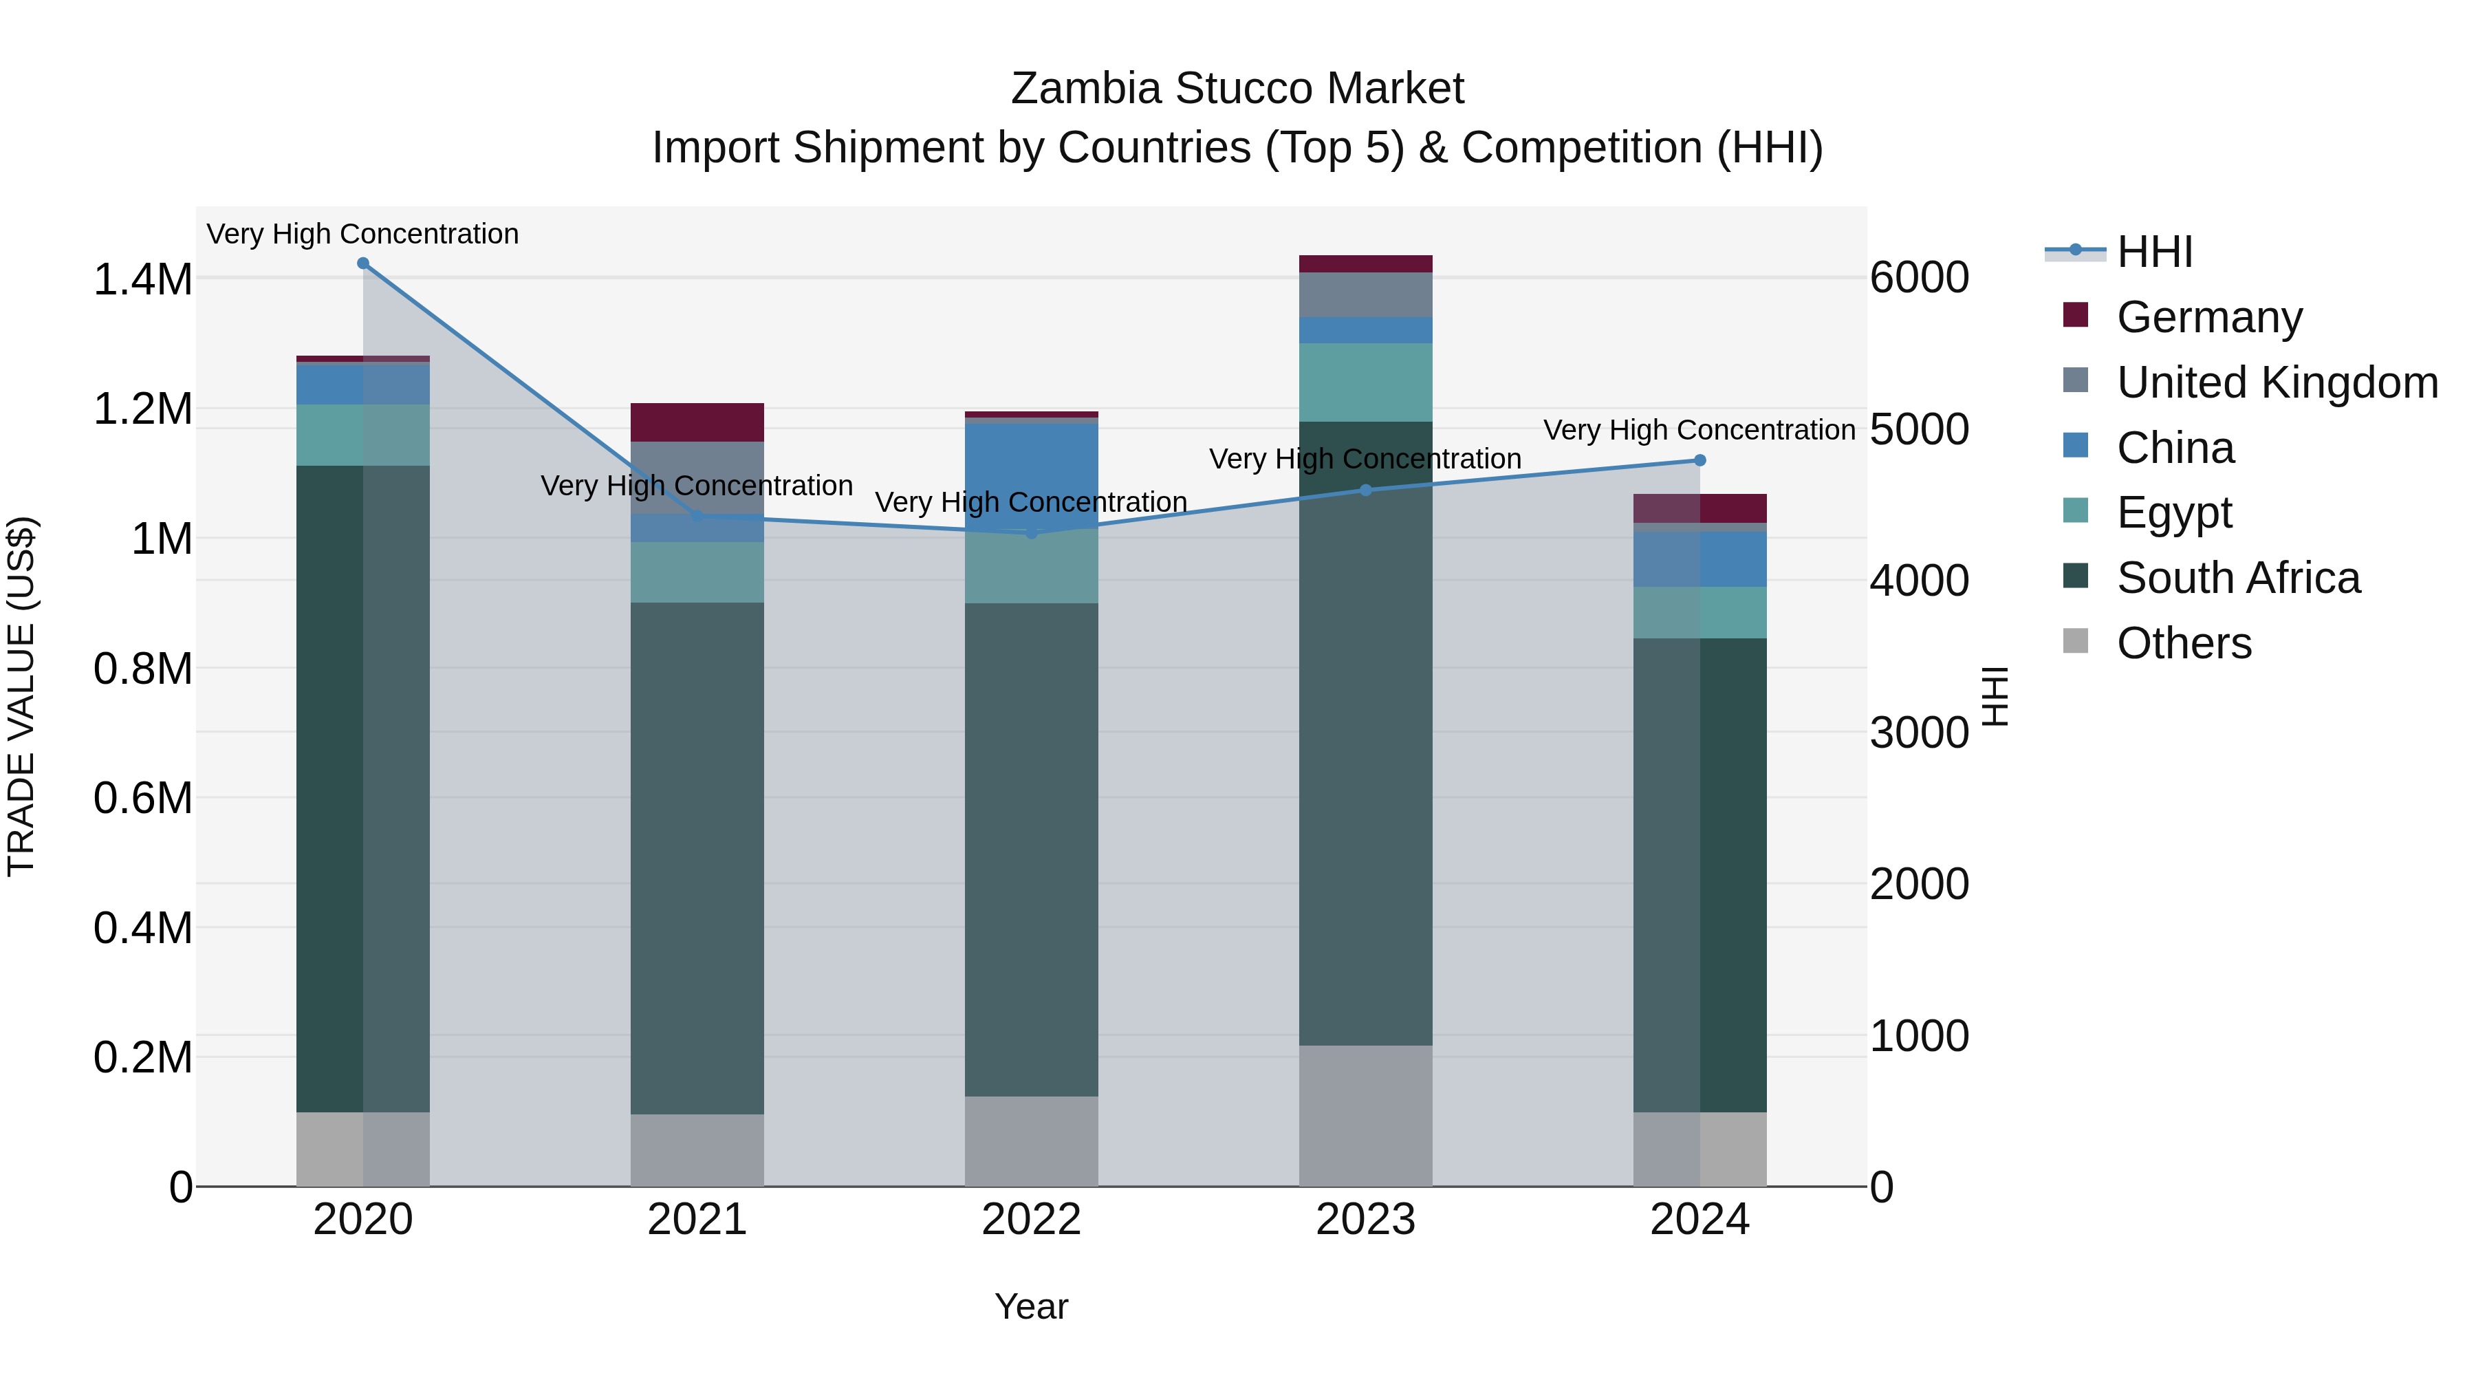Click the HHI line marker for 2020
pyautogui.click(x=363, y=263)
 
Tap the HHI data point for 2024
pyautogui.click(x=1699, y=460)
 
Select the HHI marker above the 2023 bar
pyautogui.click(x=1366, y=490)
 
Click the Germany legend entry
pyautogui.click(x=2208, y=317)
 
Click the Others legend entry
pyautogui.click(x=2183, y=643)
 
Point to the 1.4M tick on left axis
pyautogui.click(x=142, y=280)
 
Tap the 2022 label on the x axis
pyautogui.click(x=1032, y=1220)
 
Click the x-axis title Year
pyautogui.click(x=1032, y=1306)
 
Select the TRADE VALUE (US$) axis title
pyautogui.click(x=22, y=696)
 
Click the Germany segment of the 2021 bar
pyautogui.click(x=697, y=422)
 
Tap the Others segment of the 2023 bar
pyautogui.click(x=1366, y=1115)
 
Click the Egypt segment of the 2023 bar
pyautogui.click(x=1366, y=382)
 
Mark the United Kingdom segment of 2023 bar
pyautogui.click(x=1366, y=294)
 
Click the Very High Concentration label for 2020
pyautogui.click(x=362, y=234)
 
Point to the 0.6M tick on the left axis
pyautogui.click(x=142, y=799)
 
